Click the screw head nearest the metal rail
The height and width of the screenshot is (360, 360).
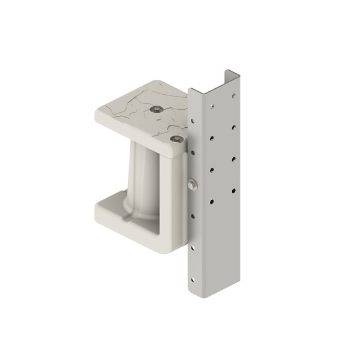(x=176, y=139)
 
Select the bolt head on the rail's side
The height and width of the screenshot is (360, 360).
(x=191, y=185)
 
